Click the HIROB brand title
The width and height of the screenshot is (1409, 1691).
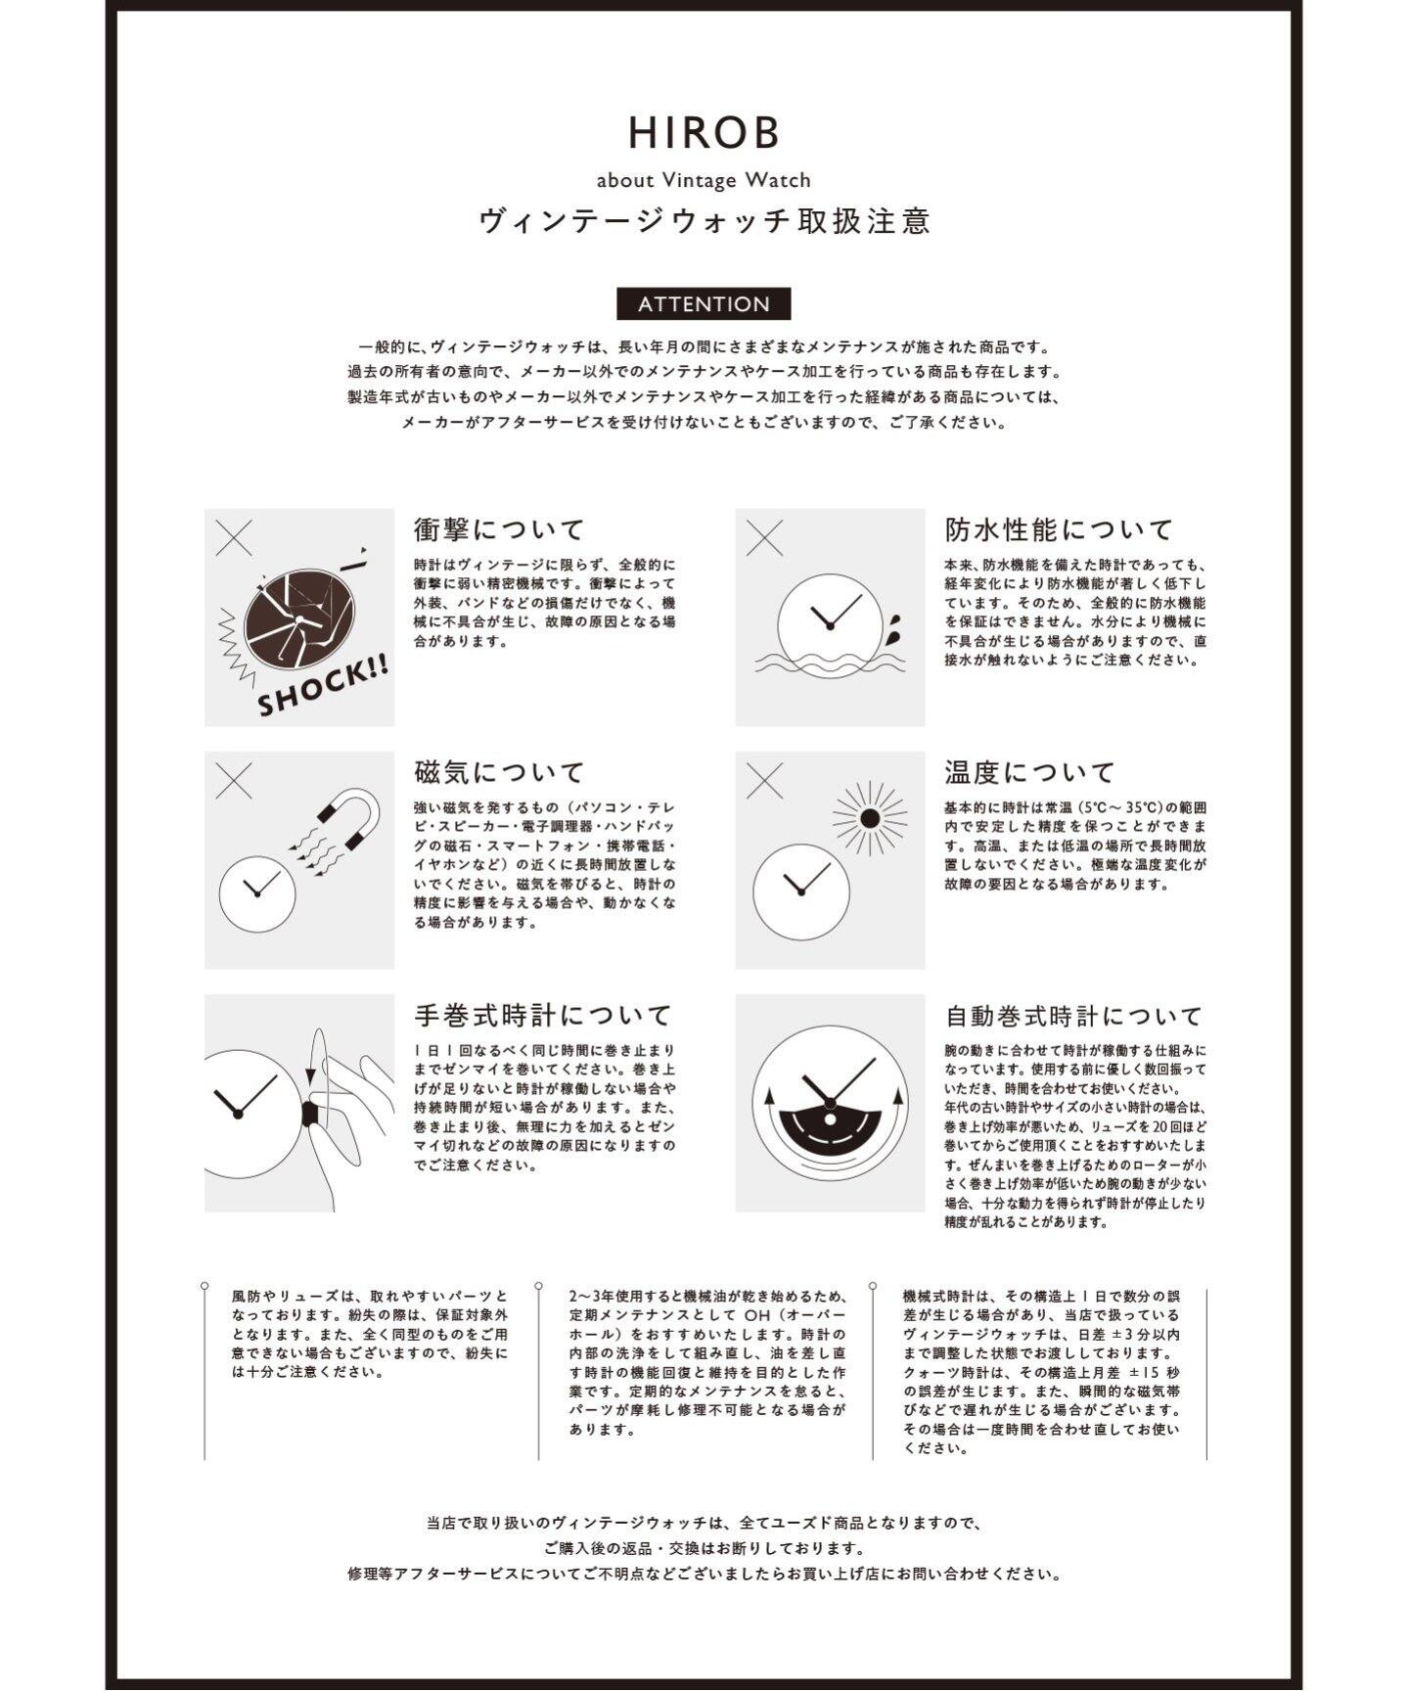704,133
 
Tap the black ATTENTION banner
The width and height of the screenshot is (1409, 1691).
704,304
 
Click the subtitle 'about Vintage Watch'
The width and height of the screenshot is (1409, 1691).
704,180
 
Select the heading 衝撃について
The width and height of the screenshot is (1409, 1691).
499,529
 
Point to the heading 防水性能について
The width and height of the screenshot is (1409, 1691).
1059,529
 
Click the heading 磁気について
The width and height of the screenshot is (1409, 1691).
499,772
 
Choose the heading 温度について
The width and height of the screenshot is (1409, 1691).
1029,772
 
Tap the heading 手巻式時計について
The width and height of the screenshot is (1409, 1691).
543,1015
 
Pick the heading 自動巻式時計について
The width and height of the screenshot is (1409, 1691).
1073,1015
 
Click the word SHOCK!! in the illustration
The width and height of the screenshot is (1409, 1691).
323,685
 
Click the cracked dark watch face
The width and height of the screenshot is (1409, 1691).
297,618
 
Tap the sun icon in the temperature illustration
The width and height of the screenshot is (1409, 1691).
870,818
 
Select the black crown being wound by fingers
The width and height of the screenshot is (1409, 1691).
311,1114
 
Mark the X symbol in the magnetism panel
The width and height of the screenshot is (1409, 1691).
234,780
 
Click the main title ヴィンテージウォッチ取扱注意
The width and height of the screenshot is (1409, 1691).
704,221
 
